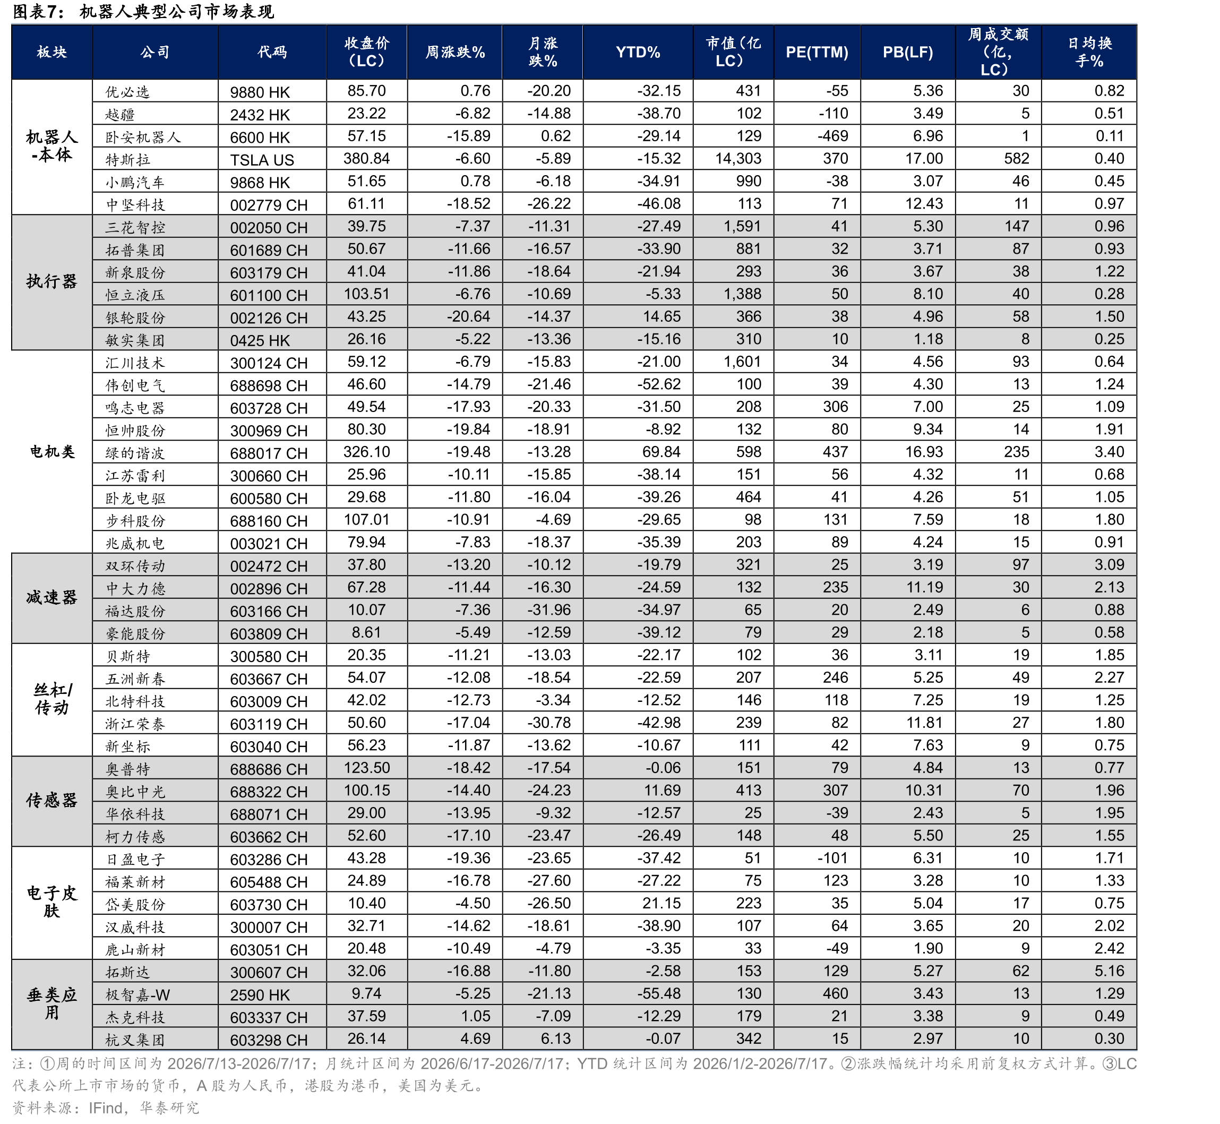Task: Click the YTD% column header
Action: (638, 53)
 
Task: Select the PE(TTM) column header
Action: (816, 53)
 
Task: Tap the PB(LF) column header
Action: (907, 53)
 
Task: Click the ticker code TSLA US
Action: (262, 160)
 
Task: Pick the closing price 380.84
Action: (366, 159)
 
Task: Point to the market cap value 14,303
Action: (738, 159)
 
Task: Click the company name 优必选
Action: (127, 92)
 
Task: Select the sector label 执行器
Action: (51, 281)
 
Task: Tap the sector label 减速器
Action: (51, 598)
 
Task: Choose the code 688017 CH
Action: (269, 453)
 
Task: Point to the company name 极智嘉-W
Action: (138, 995)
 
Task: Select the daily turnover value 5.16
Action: (1110, 971)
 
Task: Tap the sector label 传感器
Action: (51, 801)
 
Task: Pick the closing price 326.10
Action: (366, 452)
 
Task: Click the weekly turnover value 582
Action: (1016, 159)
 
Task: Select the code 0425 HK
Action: (260, 341)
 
